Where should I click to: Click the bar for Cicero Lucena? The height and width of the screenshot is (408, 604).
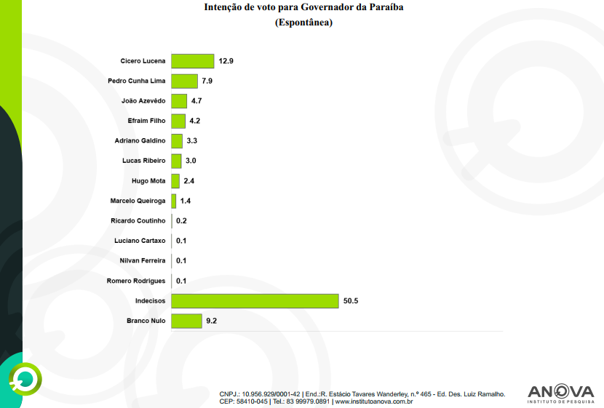193,61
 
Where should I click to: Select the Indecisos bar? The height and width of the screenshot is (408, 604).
255,301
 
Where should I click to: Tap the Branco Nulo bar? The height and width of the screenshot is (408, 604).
187,321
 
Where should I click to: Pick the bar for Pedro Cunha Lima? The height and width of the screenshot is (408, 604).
185,81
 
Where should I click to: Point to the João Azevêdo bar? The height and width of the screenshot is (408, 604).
179,101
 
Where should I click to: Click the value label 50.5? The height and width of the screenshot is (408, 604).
351,301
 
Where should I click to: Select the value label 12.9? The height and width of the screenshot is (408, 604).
226,61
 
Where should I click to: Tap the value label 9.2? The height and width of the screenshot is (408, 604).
212,321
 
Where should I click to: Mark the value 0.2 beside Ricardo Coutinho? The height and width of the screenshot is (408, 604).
181,221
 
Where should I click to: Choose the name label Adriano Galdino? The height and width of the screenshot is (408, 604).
140,140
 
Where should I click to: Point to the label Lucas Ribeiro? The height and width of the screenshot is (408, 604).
144,161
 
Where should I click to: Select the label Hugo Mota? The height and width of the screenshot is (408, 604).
148,180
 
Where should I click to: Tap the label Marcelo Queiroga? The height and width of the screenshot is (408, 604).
138,201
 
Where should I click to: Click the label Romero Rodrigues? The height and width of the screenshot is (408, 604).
136,281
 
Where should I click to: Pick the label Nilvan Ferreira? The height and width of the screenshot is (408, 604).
143,260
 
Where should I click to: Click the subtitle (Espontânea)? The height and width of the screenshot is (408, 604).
303,23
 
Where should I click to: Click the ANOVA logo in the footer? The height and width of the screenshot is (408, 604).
560,393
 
